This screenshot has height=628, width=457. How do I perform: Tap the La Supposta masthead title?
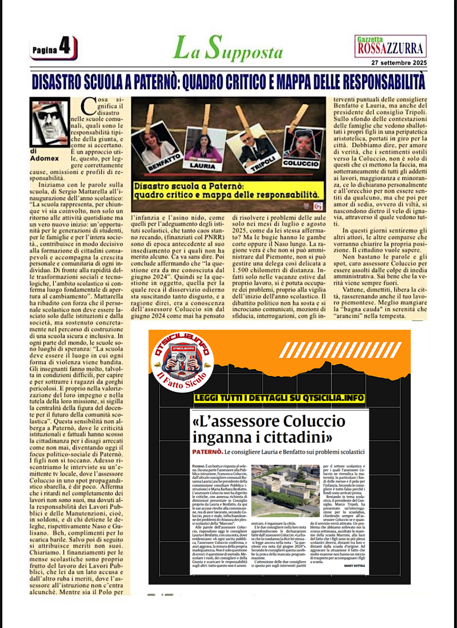coord(228,48)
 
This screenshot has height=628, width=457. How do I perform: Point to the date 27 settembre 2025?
coord(398,62)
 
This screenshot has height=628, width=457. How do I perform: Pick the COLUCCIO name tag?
coord(302,163)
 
